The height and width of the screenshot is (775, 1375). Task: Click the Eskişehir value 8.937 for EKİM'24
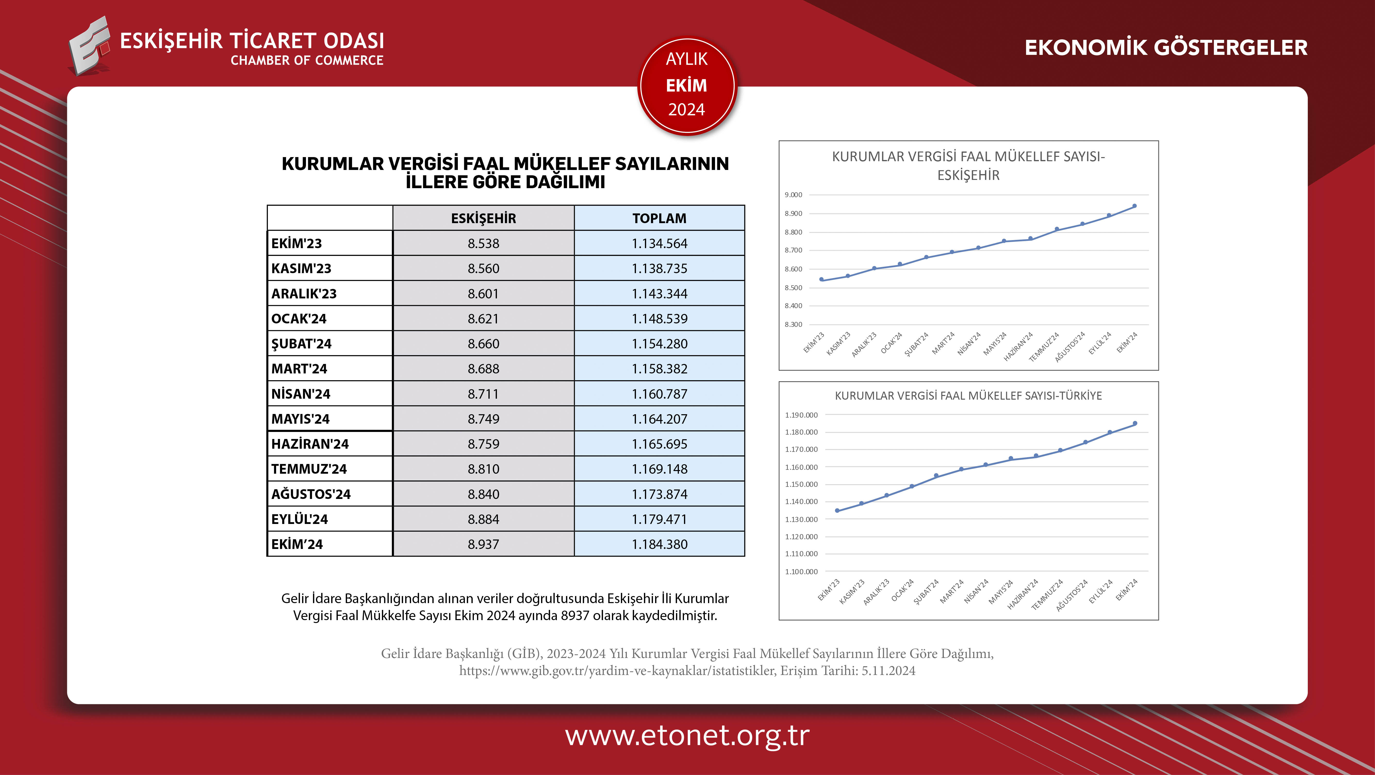pyautogui.click(x=483, y=544)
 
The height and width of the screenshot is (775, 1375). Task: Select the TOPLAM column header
pyautogui.click(x=659, y=219)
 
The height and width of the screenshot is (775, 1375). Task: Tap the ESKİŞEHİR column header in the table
pyautogui.click(x=483, y=219)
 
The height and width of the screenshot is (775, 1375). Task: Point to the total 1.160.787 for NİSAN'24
pyautogui.click(x=659, y=394)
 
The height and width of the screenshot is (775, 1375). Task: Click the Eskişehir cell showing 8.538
pyautogui.click(x=483, y=244)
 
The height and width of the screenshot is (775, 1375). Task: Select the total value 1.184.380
pyautogui.click(x=659, y=544)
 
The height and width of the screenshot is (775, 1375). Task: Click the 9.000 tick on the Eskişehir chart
pyautogui.click(x=793, y=195)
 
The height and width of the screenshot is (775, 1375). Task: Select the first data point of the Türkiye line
pyautogui.click(x=837, y=511)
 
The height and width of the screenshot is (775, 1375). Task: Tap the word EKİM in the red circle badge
pyautogui.click(x=686, y=85)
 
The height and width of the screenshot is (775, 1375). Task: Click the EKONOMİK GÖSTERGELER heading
pyautogui.click(x=1166, y=48)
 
